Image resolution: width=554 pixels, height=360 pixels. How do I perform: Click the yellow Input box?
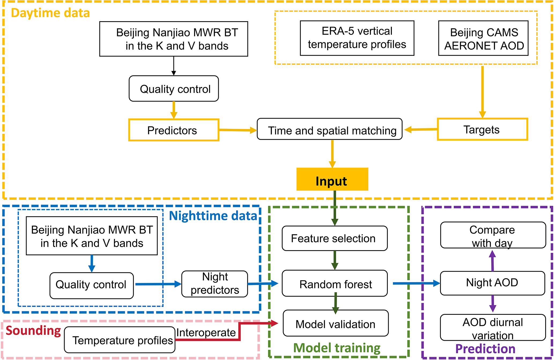pyautogui.click(x=332, y=179)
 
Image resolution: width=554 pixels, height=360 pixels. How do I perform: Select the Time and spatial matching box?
pyautogui.click(x=329, y=129)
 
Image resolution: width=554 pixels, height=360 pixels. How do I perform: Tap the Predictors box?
pyautogui.click(x=174, y=130)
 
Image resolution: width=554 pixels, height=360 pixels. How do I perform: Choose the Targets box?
pyautogui.click(x=482, y=129)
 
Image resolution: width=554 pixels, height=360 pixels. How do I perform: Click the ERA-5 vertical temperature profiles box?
pyautogui.click(x=357, y=38)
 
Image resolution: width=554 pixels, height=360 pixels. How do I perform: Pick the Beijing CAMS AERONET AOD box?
pyautogui.click(x=483, y=38)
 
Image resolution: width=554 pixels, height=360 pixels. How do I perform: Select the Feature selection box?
pyautogui.click(x=334, y=238)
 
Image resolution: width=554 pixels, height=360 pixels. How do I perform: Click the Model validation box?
pyautogui.click(x=336, y=323)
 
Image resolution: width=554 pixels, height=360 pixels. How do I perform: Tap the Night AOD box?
pyautogui.click(x=492, y=283)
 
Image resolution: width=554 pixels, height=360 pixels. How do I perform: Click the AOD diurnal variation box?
pyautogui.click(x=493, y=328)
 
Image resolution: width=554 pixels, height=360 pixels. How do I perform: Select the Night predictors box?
pyautogui.click(x=215, y=284)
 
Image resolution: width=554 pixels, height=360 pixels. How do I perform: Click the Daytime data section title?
pyautogui.click(x=50, y=13)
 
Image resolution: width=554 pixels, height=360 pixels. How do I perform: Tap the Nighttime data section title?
pyautogui.click(x=213, y=216)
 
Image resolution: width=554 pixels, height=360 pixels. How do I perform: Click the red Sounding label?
pyautogui.click(x=33, y=331)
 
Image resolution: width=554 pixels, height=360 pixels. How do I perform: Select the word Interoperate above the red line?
pyautogui.click(x=206, y=332)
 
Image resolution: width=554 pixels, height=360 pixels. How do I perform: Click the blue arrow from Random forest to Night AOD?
pyautogui.click(x=416, y=283)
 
